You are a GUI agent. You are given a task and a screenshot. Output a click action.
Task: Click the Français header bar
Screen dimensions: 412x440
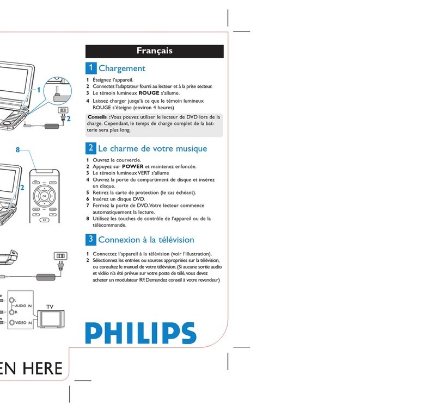click(x=155, y=51)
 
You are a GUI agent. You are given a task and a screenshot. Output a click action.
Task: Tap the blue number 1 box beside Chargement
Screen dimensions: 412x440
click(x=91, y=68)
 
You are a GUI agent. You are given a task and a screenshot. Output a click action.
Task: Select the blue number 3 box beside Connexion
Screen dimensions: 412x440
click(x=91, y=239)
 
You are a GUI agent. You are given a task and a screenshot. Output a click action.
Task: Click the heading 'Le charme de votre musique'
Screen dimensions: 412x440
click(x=152, y=148)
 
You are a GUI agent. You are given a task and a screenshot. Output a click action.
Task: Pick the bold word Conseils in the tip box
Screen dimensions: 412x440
click(x=98, y=117)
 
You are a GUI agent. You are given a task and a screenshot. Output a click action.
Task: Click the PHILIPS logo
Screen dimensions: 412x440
click(x=140, y=333)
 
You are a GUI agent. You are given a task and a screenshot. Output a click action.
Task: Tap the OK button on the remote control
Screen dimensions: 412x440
click(x=45, y=196)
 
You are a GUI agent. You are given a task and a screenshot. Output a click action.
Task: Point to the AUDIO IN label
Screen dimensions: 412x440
click(x=21, y=306)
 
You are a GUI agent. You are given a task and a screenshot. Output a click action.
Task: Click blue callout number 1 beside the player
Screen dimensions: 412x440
click(x=39, y=90)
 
